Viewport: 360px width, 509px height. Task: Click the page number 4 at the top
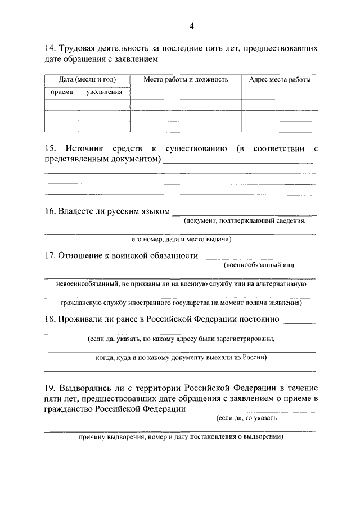[191, 26]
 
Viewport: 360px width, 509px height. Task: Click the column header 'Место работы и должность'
[186, 80]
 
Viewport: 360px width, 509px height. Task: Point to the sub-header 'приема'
[61, 92]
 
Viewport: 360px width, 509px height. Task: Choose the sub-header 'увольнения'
[104, 92]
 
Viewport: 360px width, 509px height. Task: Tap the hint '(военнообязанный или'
[259, 265]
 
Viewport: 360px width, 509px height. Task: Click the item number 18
[49, 319]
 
